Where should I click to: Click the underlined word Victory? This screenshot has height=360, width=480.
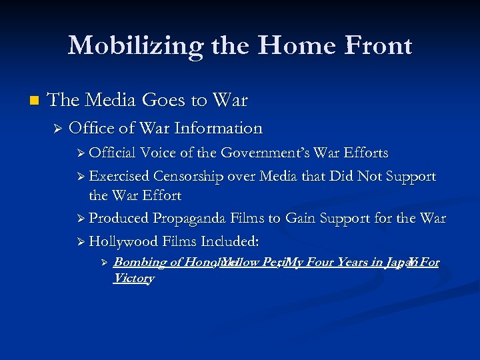[133, 278]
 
